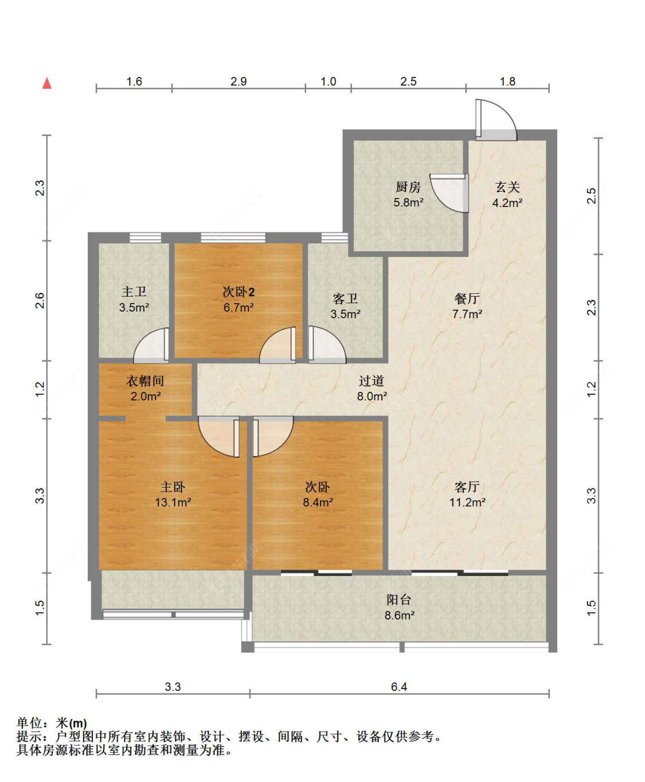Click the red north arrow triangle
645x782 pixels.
point(47,83)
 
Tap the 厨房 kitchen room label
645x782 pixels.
point(408,186)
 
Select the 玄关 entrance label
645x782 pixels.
point(507,187)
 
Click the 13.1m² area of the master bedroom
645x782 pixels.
point(173,502)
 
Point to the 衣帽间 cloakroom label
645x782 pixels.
point(145,381)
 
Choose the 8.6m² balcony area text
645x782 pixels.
point(400,616)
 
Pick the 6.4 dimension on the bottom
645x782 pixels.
point(398,687)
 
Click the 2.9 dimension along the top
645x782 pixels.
point(239,81)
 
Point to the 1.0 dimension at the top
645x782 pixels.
point(329,81)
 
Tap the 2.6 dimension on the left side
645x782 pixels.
point(40,301)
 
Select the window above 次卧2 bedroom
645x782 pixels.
point(233,238)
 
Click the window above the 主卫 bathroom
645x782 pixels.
point(145,238)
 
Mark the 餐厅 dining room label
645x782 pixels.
point(467,298)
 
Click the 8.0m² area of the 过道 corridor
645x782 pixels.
point(372,396)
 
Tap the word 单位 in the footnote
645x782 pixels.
point(29,723)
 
